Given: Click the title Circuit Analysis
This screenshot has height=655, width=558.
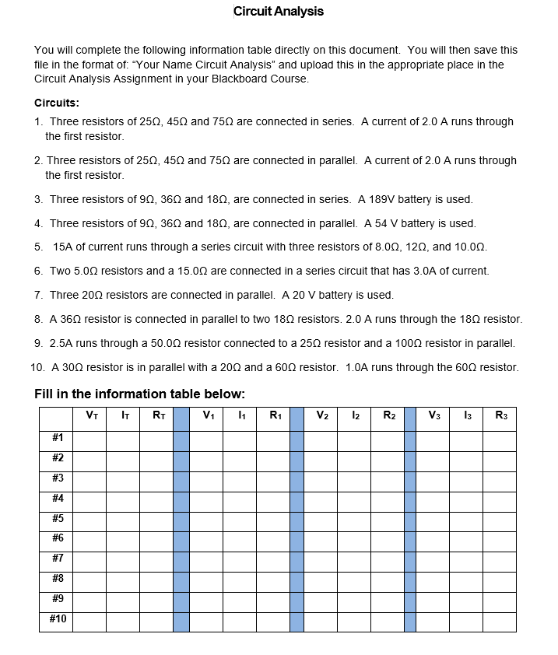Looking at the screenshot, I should [x=279, y=12].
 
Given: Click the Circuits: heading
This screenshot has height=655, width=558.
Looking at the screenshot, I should [x=57, y=103].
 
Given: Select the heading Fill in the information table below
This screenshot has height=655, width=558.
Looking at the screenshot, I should [x=140, y=394].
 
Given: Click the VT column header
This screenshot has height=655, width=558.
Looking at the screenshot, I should [x=89, y=415].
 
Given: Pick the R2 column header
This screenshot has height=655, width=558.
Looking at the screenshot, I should [x=388, y=415].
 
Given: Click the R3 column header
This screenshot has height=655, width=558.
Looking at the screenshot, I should [x=500, y=415].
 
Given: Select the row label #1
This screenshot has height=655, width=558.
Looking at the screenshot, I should [x=57, y=438].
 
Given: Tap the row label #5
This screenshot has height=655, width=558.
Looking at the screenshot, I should [x=57, y=518].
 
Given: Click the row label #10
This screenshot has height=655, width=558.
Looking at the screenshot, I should [x=57, y=619].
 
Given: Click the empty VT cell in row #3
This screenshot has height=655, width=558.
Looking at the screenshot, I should [x=89, y=478].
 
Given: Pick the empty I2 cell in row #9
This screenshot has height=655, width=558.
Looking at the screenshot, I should [x=355, y=599].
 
